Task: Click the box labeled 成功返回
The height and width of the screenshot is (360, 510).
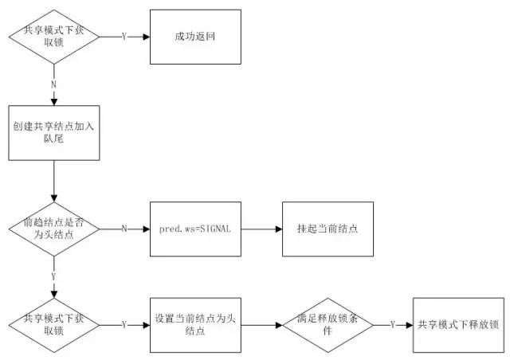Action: (x=195, y=37)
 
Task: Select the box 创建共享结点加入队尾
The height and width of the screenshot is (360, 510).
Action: (x=53, y=132)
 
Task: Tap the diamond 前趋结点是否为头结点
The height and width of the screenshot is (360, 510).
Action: (x=53, y=229)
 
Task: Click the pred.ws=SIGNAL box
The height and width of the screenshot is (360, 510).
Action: (x=195, y=229)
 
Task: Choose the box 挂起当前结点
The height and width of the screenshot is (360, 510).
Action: (x=328, y=229)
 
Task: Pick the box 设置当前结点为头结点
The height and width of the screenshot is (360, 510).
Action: (x=195, y=325)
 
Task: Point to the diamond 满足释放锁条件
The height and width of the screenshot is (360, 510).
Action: (x=328, y=325)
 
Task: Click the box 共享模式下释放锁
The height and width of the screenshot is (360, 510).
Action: (x=458, y=325)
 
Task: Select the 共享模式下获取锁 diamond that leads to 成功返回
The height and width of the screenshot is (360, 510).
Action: (x=53, y=37)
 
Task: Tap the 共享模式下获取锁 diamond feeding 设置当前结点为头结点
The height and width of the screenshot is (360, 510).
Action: (x=53, y=325)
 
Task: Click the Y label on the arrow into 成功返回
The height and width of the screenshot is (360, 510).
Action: (x=124, y=37)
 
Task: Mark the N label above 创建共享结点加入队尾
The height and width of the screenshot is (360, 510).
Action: (x=53, y=84)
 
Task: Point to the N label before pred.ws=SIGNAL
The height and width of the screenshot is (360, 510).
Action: (x=124, y=229)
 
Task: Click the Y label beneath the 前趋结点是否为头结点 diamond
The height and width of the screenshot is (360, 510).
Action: (x=53, y=276)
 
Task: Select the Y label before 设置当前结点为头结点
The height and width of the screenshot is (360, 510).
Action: (x=124, y=325)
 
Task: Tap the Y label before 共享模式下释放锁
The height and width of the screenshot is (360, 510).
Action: (x=393, y=325)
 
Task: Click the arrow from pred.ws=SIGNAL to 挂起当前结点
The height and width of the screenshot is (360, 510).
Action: (x=261, y=229)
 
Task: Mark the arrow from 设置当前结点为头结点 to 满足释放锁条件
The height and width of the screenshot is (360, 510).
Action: (x=261, y=325)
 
